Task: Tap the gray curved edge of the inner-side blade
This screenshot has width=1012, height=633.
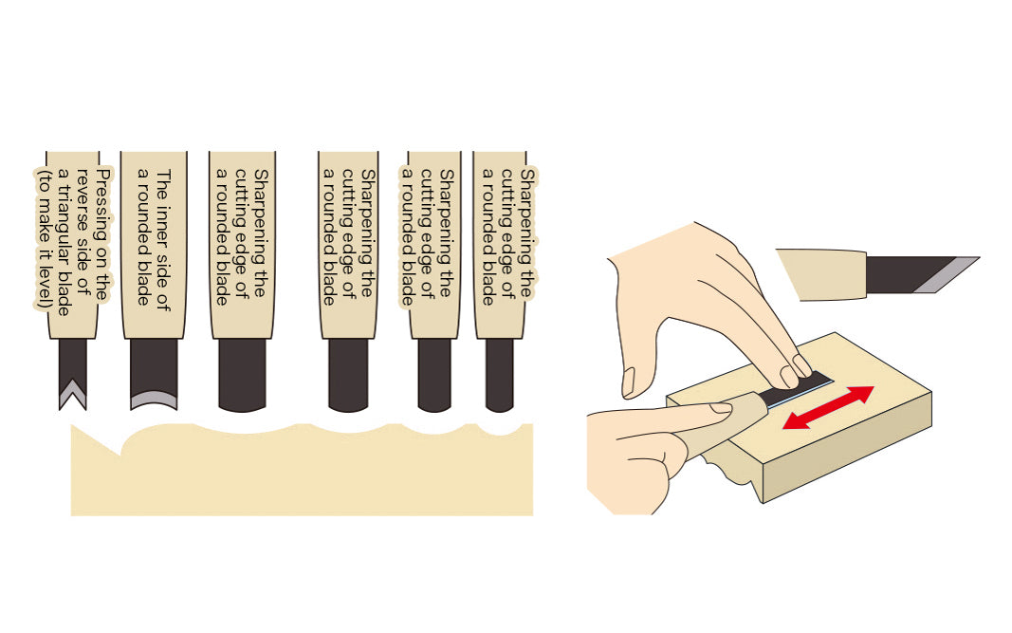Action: (x=154, y=400)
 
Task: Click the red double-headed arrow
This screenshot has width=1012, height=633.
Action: (x=828, y=407)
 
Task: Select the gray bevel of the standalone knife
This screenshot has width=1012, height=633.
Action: (x=947, y=274)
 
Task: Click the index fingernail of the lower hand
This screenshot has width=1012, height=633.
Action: (x=720, y=407)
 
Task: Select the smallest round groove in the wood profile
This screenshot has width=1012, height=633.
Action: (x=499, y=430)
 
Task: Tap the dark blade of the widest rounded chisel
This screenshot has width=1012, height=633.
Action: (x=242, y=375)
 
